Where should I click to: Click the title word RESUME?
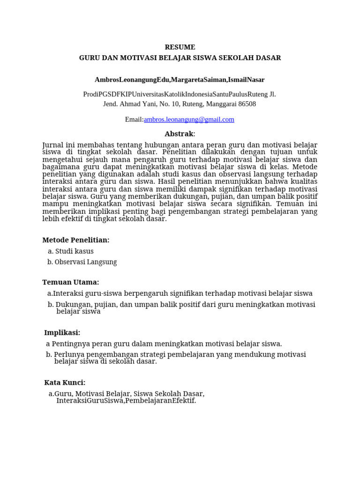tap(180, 47)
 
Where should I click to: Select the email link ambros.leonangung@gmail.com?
tap(189, 120)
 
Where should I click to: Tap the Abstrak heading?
tap(179, 134)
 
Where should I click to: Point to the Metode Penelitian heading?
tap(76, 240)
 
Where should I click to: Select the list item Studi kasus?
tap(74, 251)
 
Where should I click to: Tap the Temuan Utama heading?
tap(71, 282)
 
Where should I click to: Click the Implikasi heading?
tap(62, 333)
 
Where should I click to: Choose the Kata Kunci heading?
tap(65, 383)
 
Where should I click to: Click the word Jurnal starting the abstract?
tap(53, 145)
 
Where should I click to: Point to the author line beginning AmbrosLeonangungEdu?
tap(180, 80)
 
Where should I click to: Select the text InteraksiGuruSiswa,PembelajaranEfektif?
tap(126, 401)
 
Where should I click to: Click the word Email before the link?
tap(134, 120)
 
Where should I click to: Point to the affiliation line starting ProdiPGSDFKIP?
tap(180, 94)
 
